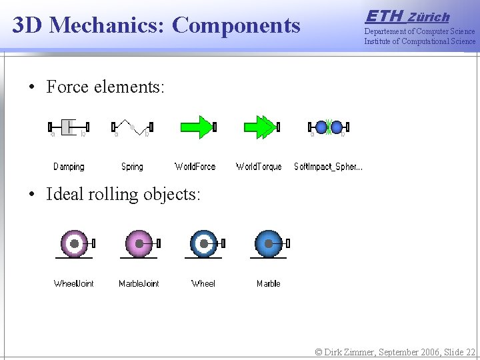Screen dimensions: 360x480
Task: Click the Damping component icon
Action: point(69,127)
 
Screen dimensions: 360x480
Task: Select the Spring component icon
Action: point(132,127)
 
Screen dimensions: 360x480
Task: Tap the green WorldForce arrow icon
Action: point(197,127)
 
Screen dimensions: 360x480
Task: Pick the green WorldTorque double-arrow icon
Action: point(261,127)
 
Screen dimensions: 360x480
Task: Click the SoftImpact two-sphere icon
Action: point(328,127)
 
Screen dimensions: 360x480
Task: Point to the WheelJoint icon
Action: point(74,244)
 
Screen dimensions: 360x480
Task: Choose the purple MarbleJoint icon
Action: point(139,244)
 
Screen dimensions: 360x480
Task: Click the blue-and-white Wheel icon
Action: point(203,244)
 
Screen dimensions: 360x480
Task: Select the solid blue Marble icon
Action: point(269,244)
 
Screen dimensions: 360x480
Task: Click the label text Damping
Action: point(69,167)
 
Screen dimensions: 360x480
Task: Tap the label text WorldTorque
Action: point(259,167)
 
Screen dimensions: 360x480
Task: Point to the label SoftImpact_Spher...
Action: point(328,167)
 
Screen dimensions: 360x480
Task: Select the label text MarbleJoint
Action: point(139,283)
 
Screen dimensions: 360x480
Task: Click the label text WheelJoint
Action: point(73,283)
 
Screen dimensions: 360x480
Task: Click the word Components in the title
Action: point(236,25)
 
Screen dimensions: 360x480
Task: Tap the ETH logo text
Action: point(385,15)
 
